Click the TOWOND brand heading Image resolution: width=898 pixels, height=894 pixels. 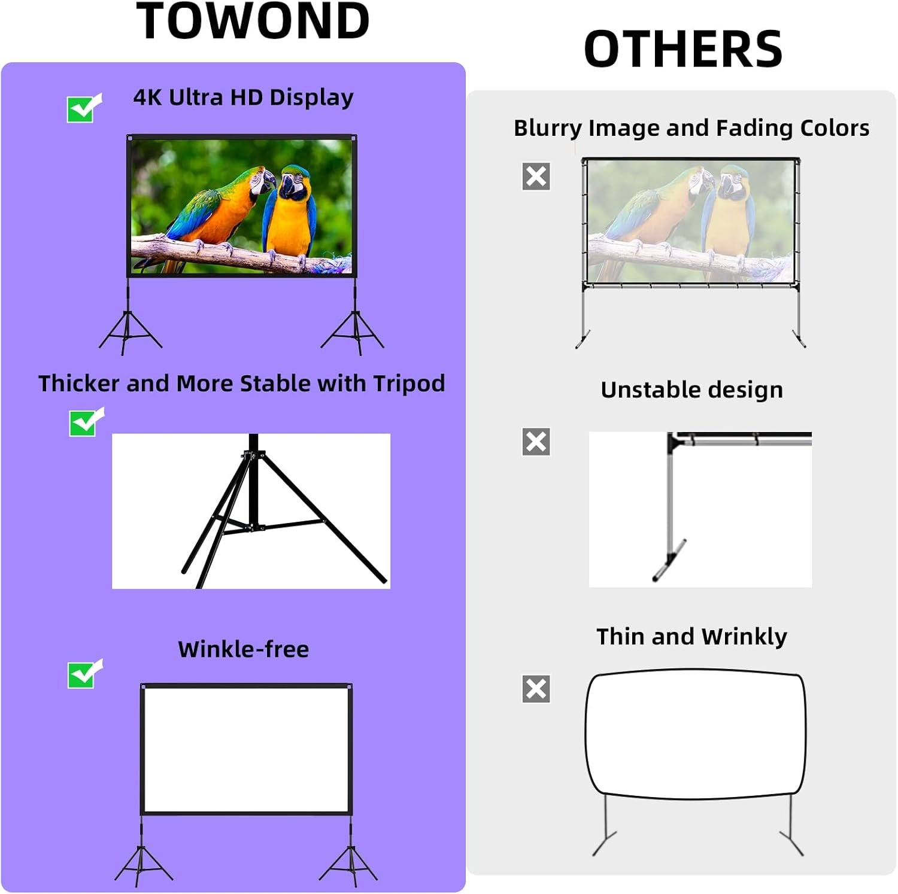(253, 22)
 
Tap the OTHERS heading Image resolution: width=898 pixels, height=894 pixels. (683, 49)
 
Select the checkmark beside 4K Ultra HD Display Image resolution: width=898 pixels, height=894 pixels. (83, 109)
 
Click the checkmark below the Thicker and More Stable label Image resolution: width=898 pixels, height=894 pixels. (85, 422)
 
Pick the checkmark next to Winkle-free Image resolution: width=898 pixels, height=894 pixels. (84, 674)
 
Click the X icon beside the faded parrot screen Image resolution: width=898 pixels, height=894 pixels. (536, 177)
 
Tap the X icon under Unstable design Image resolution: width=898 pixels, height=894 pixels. (536, 442)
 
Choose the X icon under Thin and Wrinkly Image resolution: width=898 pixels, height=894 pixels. (536, 689)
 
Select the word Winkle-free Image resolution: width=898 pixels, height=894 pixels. (243, 649)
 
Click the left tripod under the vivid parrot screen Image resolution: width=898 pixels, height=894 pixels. (129, 332)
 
